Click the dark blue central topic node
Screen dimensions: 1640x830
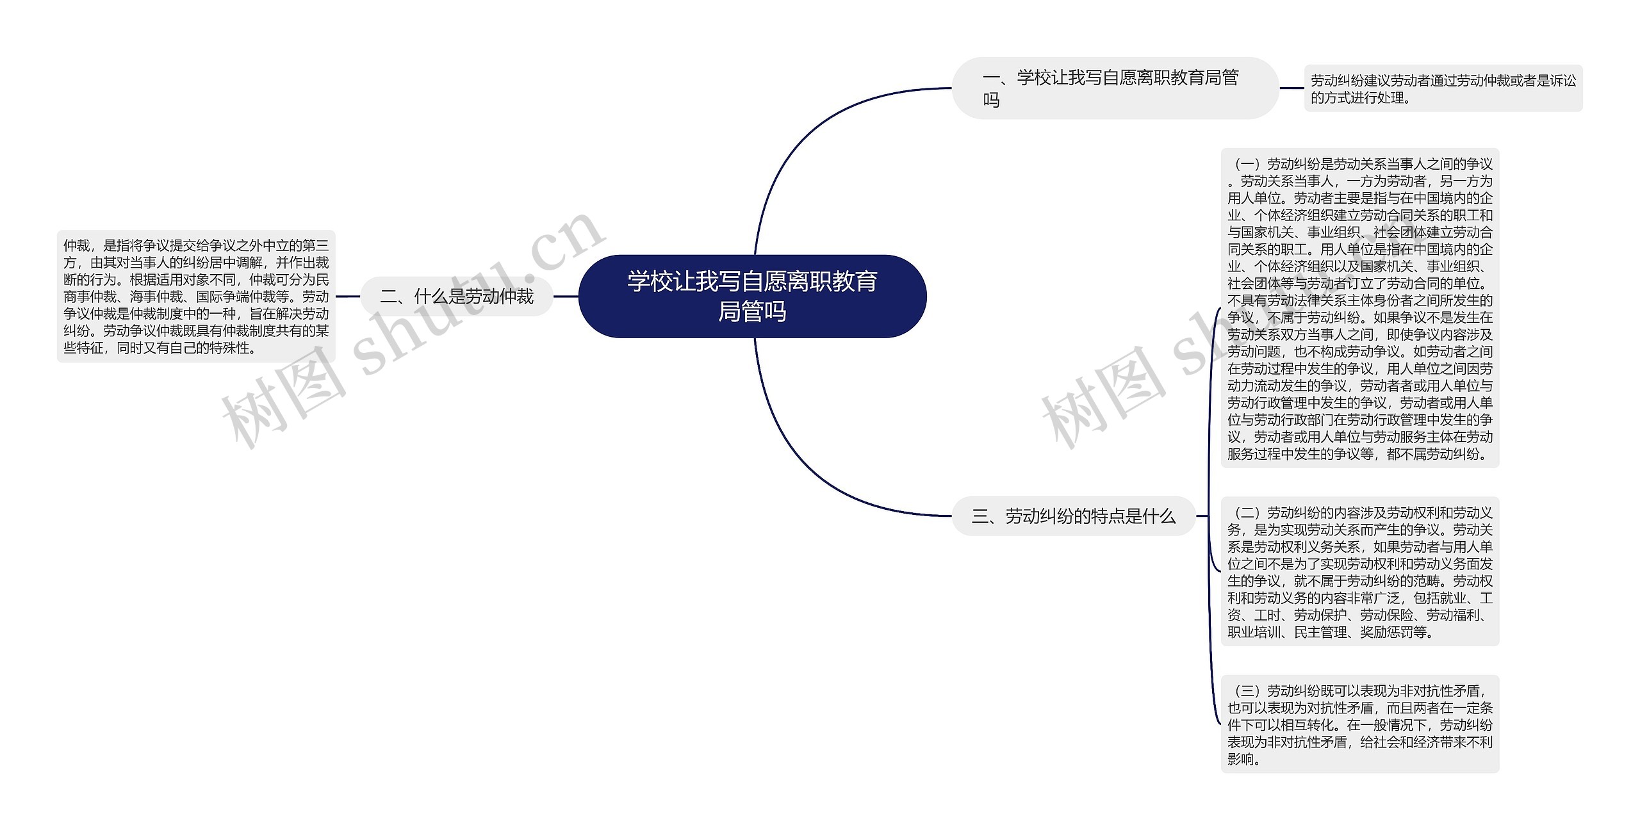click(x=752, y=297)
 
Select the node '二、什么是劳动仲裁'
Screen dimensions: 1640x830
click(x=456, y=297)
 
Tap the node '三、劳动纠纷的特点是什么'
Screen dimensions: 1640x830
click(x=1074, y=516)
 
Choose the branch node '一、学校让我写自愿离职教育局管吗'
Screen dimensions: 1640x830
click(x=1115, y=88)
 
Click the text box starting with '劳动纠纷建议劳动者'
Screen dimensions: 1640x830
click(x=1443, y=88)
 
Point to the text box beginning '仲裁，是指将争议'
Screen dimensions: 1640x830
click(x=196, y=297)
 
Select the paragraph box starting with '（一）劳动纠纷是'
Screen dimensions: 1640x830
click(x=1359, y=308)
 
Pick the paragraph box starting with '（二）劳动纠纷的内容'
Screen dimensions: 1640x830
click(x=1359, y=572)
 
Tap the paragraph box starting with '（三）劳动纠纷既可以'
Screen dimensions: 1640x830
click(x=1359, y=724)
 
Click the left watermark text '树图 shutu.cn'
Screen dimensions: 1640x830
click(x=410, y=333)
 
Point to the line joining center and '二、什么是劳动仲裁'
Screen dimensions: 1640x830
click(x=566, y=297)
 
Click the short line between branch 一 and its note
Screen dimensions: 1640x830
click(x=1291, y=88)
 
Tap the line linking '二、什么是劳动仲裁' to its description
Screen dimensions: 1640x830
click(x=348, y=297)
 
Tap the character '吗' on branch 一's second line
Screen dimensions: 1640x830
click(x=991, y=101)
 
